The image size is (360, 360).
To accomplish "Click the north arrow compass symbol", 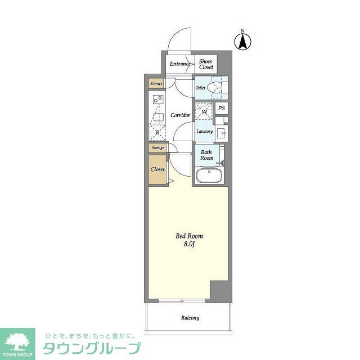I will pos(243,40).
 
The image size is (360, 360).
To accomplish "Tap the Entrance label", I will pos(181,64).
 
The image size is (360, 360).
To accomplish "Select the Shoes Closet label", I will pos(206,64).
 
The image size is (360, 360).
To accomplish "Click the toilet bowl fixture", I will pos(214,88).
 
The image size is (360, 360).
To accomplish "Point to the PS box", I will pos(222,109).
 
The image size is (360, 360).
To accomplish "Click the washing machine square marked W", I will pos(204,112).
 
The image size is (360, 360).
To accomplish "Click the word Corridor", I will pos(180,115).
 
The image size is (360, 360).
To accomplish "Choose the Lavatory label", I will pos(204,132).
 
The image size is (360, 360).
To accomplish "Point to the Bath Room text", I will pos(206,155).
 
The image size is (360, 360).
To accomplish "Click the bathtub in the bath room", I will pos(210,176).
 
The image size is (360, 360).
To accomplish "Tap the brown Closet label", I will pos(157,169).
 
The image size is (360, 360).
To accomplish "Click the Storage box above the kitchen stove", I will pos(156,84).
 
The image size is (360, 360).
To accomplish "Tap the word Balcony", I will pos(190,318).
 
